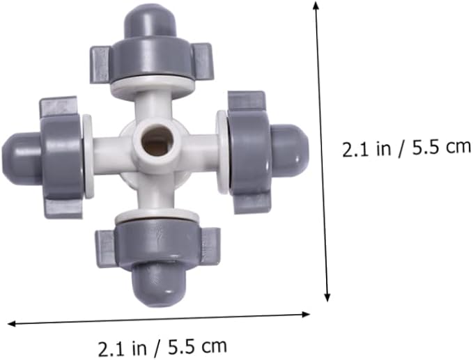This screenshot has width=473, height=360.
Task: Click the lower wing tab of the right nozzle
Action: click(251, 203)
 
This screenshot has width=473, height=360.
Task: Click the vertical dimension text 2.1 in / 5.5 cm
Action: click(406, 149)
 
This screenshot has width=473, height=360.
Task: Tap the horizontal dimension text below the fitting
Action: click(162, 345)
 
